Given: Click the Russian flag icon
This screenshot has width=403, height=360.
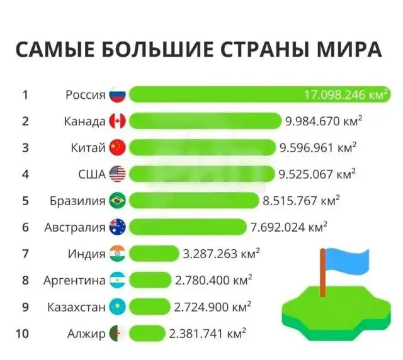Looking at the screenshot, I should [118, 95].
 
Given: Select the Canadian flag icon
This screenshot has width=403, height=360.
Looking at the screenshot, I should [118, 121].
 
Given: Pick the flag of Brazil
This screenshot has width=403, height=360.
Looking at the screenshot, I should [118, 201].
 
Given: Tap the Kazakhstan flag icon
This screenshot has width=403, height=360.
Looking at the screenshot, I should [118, 307].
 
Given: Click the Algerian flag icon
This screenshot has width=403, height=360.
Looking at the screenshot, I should [118, 334].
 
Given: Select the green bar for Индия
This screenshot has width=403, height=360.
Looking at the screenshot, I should [154, 254].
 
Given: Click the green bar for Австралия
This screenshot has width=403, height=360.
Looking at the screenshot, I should [188, 227].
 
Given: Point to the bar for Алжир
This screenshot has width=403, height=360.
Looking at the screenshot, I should [147, 334].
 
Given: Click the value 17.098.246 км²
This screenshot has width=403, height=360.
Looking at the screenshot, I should [346, 95].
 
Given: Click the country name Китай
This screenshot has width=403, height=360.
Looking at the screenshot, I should [88, 148].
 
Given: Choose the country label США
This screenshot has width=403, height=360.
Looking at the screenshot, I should [92, 174].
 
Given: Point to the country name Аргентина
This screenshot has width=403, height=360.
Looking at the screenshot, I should [74, 281].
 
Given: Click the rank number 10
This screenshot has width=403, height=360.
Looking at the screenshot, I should [22, 334].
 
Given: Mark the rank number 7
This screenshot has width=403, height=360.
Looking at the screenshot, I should [25, 254].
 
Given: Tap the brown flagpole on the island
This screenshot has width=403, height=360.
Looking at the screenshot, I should [323, 274].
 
